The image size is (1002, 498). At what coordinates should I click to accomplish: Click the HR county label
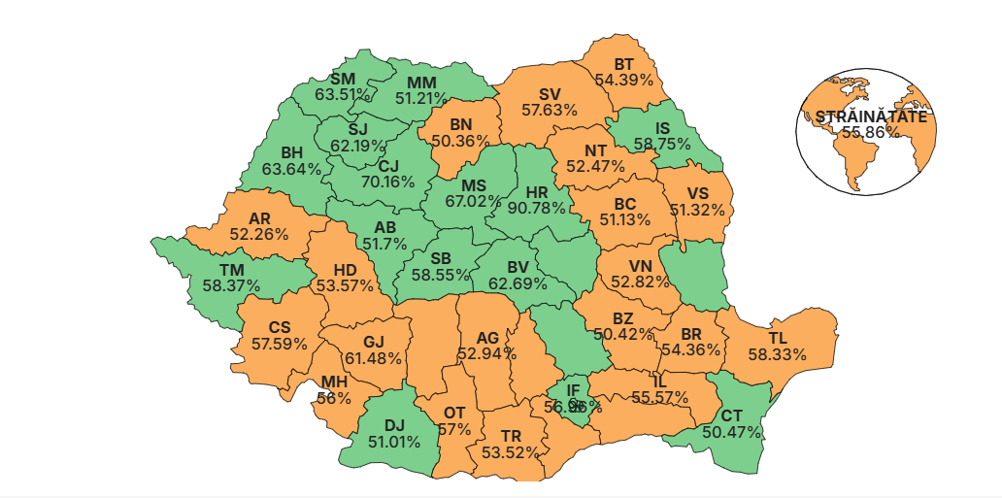click(537, 191)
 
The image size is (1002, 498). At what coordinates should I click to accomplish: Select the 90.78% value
click(537, 208)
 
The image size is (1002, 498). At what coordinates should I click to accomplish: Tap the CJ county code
click(388, 165)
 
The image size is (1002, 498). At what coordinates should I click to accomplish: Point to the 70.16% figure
click(388, 182)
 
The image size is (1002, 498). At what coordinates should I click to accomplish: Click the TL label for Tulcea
click(778, 338)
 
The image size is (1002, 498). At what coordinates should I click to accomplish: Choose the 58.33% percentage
click(778, 354)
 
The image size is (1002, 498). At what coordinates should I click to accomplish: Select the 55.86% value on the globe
click(870, 132)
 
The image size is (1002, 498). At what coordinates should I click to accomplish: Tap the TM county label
click(231, 269)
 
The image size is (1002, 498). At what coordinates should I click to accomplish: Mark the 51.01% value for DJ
click(393, 442)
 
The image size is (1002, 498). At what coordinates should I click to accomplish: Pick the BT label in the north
click(623, 63)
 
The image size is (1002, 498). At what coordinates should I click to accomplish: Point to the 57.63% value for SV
click(550, 111)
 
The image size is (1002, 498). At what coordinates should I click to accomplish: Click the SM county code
click(343, 78)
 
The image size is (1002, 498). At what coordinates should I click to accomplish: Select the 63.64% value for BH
click(291, 169)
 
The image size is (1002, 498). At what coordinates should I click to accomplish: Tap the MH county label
click(334, 382)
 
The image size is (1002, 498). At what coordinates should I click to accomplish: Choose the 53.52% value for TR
click(511, 452)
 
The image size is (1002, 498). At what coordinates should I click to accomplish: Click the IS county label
click(663, 127)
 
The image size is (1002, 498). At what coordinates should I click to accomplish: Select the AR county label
click(259, 218)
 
